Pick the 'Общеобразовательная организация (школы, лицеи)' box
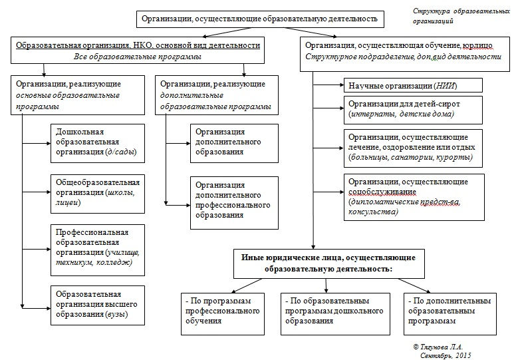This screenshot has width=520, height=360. click(98, 193)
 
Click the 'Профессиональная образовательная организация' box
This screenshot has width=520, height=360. click(98, 247)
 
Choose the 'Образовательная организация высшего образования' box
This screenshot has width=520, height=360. click(98, 305)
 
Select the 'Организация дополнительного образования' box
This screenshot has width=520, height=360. click(235, 142)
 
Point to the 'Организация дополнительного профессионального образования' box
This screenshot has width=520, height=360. click(235, 200)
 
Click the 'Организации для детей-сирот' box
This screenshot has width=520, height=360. click(413, 109)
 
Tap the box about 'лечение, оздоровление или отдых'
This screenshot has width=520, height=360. click(413, 147)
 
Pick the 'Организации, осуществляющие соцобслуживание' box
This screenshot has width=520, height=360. click(413, 197)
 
